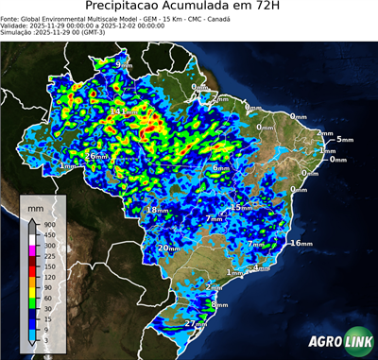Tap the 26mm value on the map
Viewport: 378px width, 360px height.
[x=96, y=156]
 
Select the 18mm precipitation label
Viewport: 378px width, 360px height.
[x=158, y=209]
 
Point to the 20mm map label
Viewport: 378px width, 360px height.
[x=168, y=248]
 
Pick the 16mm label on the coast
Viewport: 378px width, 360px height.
[x=301, y=243]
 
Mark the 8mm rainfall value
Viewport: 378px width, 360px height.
[x=219, y=304]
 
